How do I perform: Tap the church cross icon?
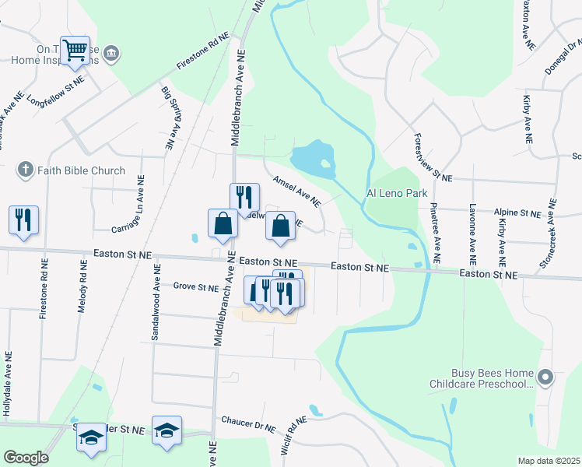25,170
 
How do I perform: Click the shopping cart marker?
75,51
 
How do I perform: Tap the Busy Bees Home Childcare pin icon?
545,378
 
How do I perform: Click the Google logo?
26,458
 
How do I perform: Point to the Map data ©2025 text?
549,461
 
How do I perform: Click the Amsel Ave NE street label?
296,191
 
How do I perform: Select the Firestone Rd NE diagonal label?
203,52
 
